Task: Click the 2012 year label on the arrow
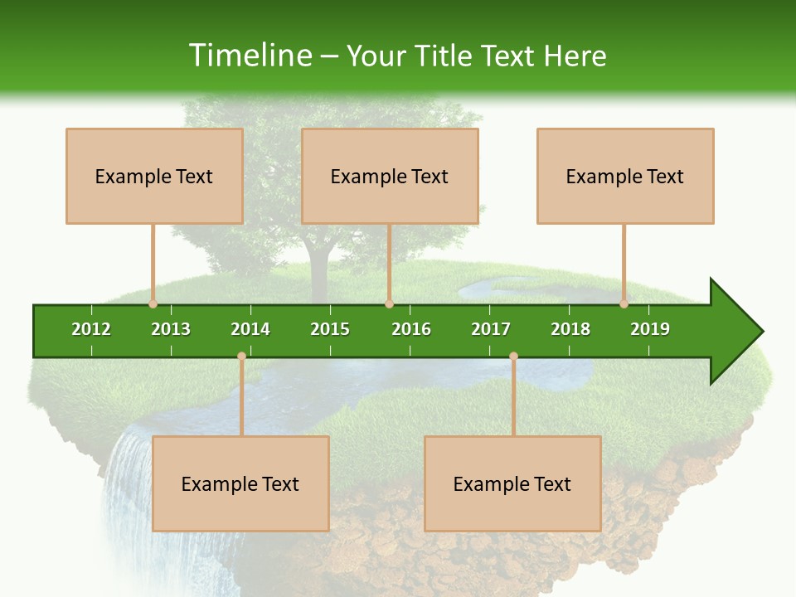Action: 91,329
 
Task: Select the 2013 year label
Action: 171,329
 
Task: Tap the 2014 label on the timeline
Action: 250,329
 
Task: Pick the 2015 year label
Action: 330,329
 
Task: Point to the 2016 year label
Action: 411,329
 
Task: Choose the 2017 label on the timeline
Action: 491,329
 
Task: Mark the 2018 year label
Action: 570,329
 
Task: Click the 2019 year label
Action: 650,329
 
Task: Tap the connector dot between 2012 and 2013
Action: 153,303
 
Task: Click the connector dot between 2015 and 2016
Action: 389,303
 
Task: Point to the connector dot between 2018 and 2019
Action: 624,303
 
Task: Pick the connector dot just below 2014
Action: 241,357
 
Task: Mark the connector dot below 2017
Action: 513,357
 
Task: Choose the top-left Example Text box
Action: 154,176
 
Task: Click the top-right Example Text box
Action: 625,176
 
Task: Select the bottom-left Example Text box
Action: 240,483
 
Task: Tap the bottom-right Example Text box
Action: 512,483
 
